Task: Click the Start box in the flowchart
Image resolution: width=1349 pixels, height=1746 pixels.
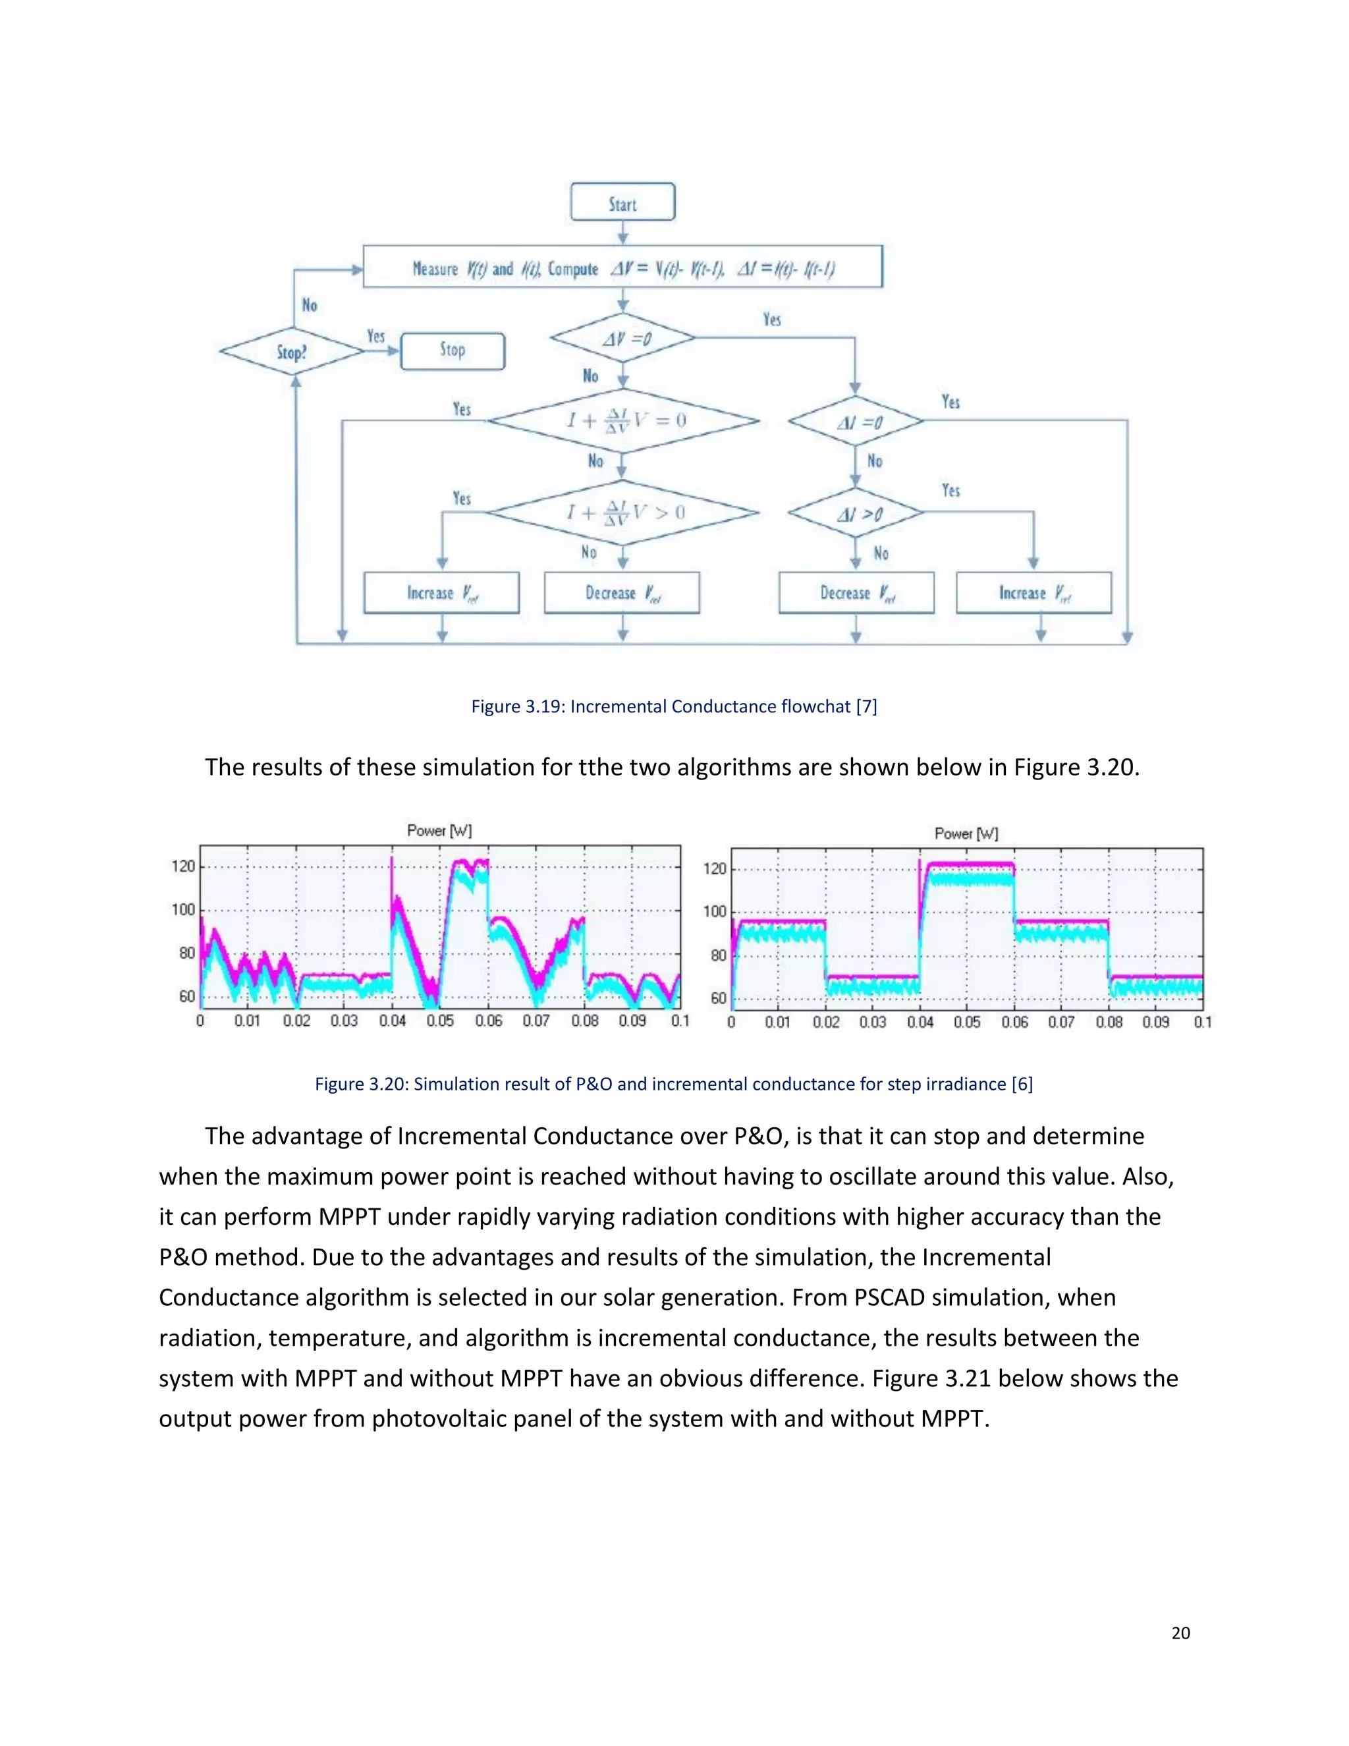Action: click(622, 202)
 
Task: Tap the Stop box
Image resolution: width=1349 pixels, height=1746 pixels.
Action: click(453, 351)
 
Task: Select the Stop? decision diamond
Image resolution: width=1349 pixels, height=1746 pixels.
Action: click(292, 352)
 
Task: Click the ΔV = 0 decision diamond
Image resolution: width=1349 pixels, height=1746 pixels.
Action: click(622, 338)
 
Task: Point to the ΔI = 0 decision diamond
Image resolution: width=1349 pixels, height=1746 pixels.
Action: click(856, 420)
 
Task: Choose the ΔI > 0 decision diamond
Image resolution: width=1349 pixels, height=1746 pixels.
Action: click(856, 513)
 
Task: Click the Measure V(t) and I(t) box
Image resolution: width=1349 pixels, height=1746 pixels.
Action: click(622, 267)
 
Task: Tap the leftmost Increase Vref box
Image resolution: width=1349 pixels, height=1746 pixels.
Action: click(441, 593)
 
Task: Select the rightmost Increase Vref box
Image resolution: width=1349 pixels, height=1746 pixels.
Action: click(1033, 593)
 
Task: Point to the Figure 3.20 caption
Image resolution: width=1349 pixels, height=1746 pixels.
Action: click(674, 1084)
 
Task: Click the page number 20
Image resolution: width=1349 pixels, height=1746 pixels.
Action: click(1180, 1633)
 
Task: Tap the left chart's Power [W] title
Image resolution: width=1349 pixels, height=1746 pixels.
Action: click(439, 831)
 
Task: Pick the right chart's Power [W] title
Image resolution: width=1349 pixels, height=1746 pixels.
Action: click(966, 834)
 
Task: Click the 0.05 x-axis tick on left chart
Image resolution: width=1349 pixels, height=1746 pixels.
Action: click(439, 1021)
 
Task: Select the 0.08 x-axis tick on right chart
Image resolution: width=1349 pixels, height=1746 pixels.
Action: click(1109, 1023)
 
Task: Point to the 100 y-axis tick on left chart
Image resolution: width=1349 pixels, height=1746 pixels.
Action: click(183, 910)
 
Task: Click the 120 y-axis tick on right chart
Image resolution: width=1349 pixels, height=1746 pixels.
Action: click(715, 869)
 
